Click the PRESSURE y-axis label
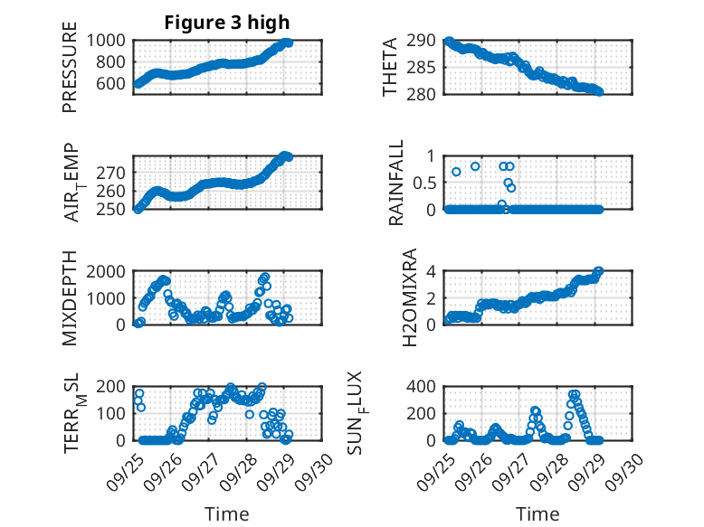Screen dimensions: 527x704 (x=70, y=73)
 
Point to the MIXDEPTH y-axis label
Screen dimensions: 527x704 (x=70, y=298)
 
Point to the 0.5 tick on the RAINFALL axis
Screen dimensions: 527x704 (x=424, y=183)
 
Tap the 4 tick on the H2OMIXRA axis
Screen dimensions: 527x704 (x=433, y=271)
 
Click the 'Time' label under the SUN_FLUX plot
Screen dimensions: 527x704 (x=538, y=514)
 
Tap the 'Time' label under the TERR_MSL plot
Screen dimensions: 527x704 (x=226, y=514)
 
